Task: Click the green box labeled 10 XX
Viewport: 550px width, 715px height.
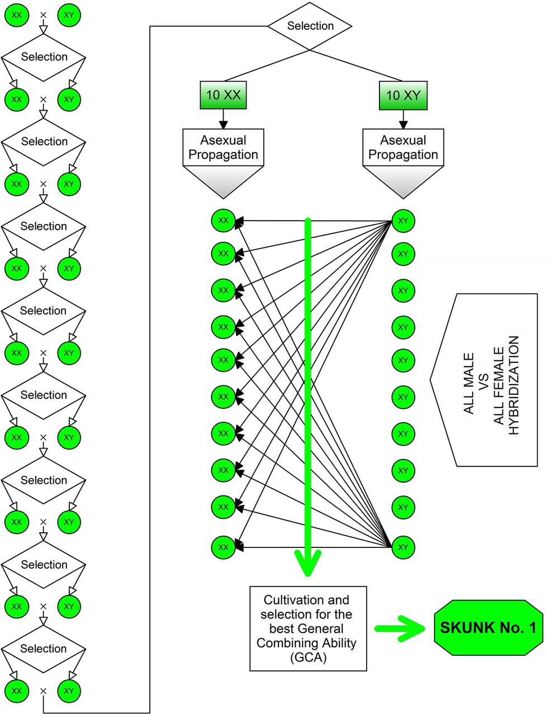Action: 223,95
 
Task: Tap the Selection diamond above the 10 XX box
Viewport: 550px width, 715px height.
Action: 310,26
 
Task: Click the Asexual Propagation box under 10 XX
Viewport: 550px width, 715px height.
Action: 223,147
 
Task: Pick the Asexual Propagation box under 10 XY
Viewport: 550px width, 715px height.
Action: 403,147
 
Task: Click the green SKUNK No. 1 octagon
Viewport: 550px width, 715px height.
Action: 488,628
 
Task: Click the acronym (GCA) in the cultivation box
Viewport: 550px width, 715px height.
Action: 307,657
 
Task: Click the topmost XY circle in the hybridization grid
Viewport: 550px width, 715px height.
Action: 403,221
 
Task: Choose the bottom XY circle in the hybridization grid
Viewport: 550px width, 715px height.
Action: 403,547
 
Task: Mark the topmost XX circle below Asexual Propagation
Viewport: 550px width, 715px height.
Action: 223,221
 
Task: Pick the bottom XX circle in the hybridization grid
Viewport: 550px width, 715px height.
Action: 223,547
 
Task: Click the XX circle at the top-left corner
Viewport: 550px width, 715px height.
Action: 17,15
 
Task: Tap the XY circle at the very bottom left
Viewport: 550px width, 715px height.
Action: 69,691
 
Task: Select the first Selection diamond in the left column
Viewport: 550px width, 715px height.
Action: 44,57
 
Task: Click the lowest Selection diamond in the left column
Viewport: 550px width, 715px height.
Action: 44,649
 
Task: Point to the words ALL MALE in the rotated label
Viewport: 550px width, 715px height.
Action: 469,383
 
